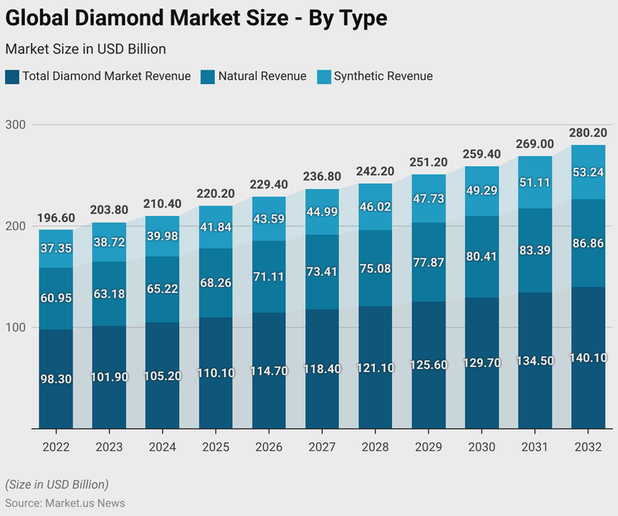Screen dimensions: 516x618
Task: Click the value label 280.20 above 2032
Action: [588, 132]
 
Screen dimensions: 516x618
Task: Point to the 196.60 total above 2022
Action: [56, 217]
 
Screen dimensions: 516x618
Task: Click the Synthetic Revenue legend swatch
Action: [324, 76]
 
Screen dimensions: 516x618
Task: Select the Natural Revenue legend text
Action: [262, 76]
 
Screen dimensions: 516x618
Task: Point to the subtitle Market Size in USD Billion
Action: [85, 49]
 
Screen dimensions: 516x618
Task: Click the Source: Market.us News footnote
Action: [65, 503]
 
